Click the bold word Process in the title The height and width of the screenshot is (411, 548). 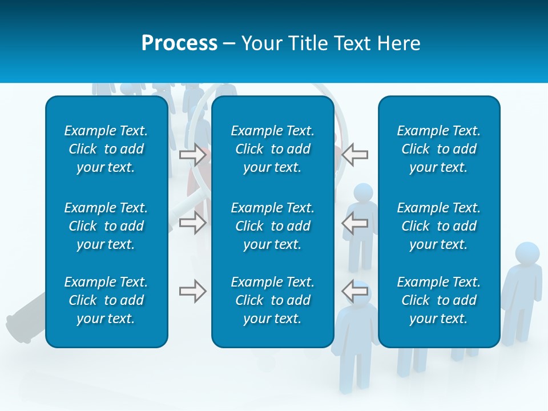pos(179,43)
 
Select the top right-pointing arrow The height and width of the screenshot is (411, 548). pos(193,155)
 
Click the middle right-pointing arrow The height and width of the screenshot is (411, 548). pos(193,223)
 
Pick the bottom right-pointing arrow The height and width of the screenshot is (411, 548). pos(193,291)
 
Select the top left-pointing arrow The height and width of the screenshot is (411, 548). pos(355,155)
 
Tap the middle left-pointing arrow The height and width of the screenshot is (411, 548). pos(355,223)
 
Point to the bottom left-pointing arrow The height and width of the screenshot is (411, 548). pos(355,291)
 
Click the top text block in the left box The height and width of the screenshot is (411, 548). pos(106,149)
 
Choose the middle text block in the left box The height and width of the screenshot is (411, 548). pos(106,226)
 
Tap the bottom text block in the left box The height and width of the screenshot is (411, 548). pos(106,300)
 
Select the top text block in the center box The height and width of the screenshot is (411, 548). pos(272,149)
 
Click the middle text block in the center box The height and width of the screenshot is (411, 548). pos(272,226)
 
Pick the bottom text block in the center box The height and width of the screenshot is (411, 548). pos(272,300)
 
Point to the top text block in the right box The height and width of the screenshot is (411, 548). pos(438,149)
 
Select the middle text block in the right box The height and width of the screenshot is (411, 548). pos(438,226)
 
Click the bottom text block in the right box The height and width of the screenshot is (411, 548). pos(438,300)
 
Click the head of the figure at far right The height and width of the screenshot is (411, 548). pos(527,254)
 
